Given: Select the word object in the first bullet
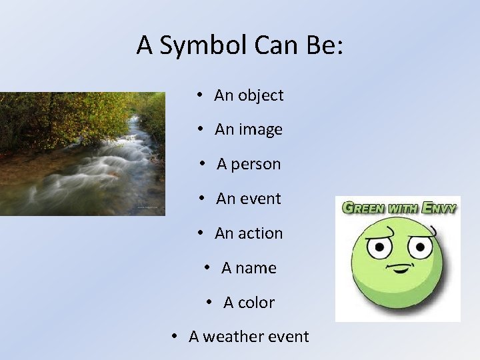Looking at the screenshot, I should pos(261,95).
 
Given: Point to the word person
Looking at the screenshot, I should pos(256,165).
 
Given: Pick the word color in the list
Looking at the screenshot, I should pos(257,303).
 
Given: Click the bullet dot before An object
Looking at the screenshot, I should pos(200,95).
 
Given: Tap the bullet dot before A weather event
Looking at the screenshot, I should pos(174,336).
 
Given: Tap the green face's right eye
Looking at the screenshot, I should pos(420,249).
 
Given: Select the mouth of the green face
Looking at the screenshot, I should pos(399,270).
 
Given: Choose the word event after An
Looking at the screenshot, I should pos(259,199).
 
